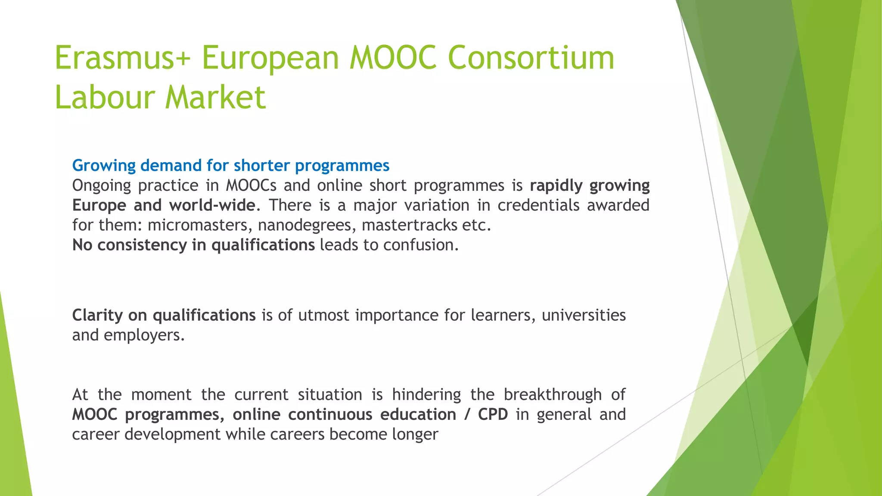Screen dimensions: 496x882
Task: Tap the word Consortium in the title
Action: pos(531,58)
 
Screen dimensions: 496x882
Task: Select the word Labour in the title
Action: pos(105,97)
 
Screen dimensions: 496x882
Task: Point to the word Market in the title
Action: pos(216,97)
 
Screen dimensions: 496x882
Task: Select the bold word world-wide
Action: pos(212,205)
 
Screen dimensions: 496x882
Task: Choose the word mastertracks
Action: pos(409,225)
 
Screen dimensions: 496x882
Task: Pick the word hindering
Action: pos(426,395)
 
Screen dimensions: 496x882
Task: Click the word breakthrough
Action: pos(553,395)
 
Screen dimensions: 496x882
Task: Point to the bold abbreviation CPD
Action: pos(493,415)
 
